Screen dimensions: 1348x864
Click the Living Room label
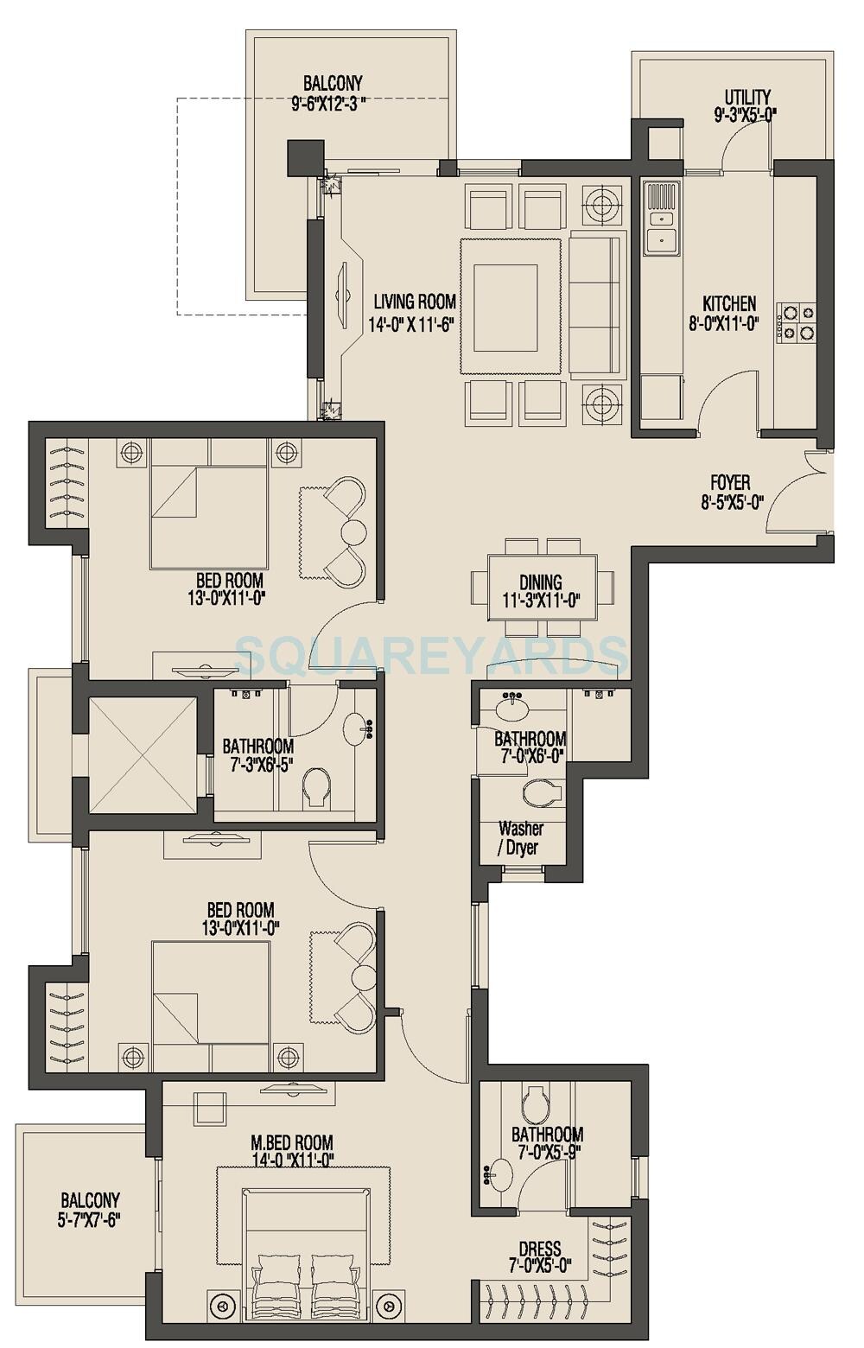415,302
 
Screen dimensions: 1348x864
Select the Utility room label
747,97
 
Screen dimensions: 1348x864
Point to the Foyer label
730,483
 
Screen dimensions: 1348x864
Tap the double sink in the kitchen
661,218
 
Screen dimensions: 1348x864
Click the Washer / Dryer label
520,838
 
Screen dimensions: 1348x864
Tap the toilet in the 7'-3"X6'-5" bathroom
316,788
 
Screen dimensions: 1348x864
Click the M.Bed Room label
289,1143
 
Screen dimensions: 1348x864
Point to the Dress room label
540,1249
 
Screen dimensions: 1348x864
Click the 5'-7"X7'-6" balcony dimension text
90,1220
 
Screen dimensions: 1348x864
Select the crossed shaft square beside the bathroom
142,754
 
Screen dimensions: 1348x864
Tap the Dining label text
542,582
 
